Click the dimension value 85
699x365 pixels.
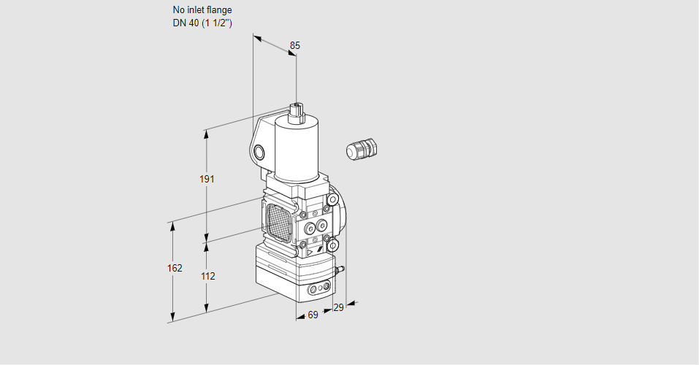click(x=294, y=45)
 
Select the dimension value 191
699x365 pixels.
click(x=207, y=180)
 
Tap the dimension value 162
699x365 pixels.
click(x=174, y=268)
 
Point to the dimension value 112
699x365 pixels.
click(x=207, y=276)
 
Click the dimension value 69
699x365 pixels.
click(x=313, y=315)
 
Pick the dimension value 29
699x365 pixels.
click(x=337, y=308)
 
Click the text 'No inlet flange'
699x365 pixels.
click(x=202, y=10)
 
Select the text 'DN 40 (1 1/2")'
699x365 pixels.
click(x=202, y=23)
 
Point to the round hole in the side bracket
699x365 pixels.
click(x=259, y=152)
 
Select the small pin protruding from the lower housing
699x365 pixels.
click(x=340, y=270)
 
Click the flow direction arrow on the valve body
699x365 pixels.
click(x=310, y=253)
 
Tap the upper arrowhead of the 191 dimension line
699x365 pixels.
click(x=207, y=134)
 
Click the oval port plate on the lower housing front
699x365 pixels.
click(x=318, y=290)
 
